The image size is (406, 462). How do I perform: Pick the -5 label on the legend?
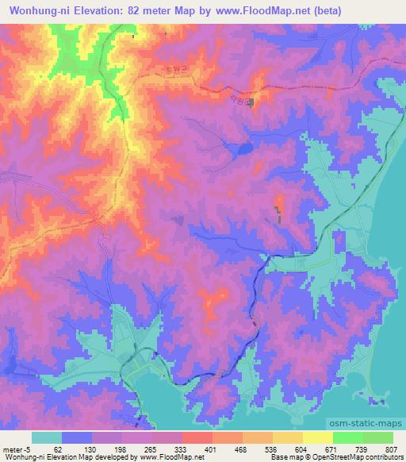tap(28, 449)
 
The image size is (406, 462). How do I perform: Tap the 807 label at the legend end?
tap(393, 449)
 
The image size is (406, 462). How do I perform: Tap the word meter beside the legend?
tap(12, 449)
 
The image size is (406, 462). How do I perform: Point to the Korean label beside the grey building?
tap(236, 98)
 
